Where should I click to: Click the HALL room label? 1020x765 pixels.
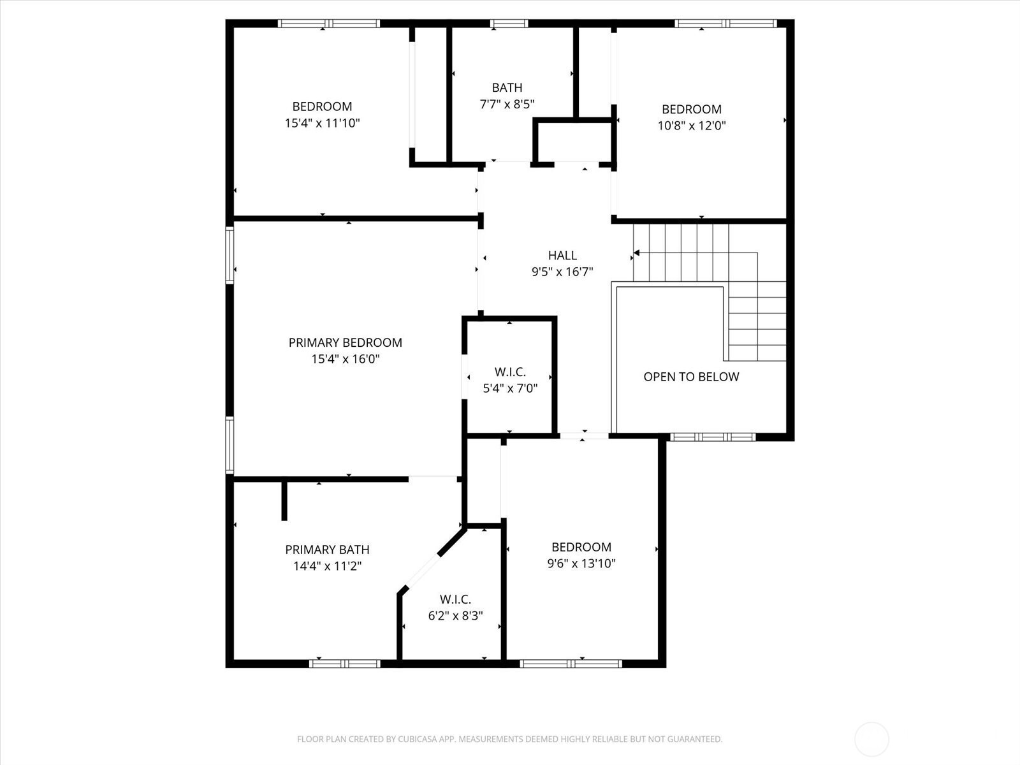pyautogui.click(x=562, y=255)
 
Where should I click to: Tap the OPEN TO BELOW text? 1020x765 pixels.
pyautogui.click(x=691, y=377)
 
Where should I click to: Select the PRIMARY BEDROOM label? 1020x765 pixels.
pyautogui.click(x=346, y=342)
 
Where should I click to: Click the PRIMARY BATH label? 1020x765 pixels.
pyautogui.click(x=327, y=550)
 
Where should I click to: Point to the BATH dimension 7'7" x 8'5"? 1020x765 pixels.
pyautogui.click(x=507, y=104)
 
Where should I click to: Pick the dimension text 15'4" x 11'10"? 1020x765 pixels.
pyautogui.click(x=322, y=123)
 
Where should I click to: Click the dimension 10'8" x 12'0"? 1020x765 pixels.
pyautogui.click(x=692, y=126)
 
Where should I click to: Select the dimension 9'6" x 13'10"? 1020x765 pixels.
pyautogui.click(x=581, y=564)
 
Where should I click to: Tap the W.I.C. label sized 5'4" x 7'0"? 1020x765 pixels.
pyautogui.click(x=510, y=372)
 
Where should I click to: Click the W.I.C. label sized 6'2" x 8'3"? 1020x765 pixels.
pyautogui.click(x=455, y=599)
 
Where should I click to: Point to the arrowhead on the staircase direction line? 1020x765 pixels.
pyautogui.click(x=637, y=252)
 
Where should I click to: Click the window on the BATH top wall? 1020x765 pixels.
pyautogui.click(x=509, y=23)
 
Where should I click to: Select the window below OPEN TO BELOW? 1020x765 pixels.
pyautogui.click(x=713, y=437)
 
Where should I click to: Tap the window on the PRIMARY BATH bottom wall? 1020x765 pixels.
pyautogui.click(x=345, y=664)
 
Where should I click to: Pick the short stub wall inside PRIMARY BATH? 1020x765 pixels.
pyautogui.click(x=284, y=500)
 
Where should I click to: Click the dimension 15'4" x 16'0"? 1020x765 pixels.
pyautogui.click(x=346, y=359)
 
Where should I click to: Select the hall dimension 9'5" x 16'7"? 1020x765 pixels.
pyautogui.click(x=562, y=272)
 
